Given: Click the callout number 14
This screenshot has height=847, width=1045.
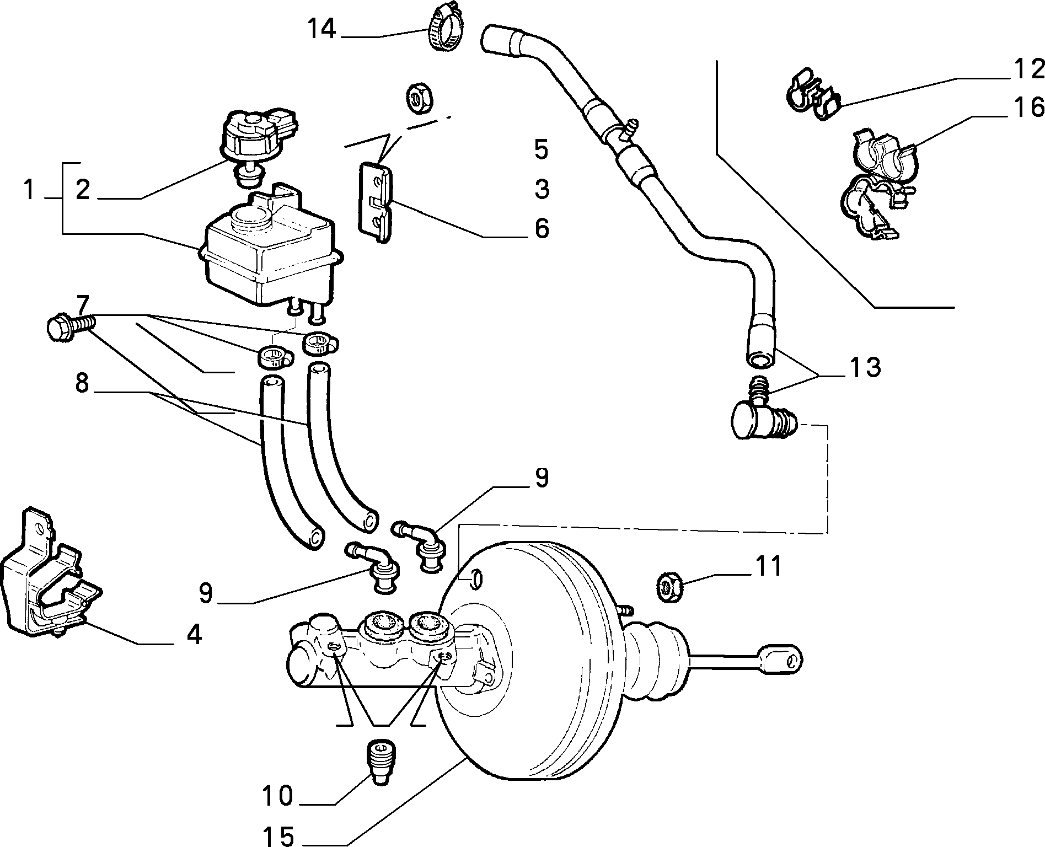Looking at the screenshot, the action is (x=321, y=29).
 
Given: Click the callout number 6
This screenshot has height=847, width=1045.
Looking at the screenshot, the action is (x=542, y=228).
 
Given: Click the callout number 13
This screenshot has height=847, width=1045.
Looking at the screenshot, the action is (x=865, y=367).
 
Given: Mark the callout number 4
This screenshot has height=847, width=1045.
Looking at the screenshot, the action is (x=194, y=635).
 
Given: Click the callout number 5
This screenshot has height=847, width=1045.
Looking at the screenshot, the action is (x=542, y=149).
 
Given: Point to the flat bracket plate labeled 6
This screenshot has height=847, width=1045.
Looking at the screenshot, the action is (x=376, y=202).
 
